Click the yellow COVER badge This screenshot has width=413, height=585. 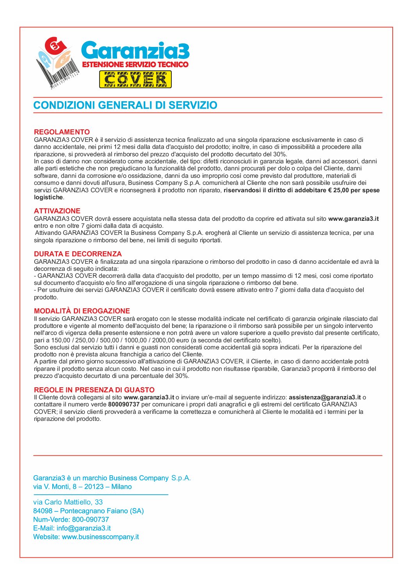point(135,80)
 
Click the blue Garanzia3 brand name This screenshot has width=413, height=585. point(135,51)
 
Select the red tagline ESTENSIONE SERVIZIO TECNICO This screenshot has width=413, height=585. point(135,64)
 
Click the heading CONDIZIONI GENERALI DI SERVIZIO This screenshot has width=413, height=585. point(125,105)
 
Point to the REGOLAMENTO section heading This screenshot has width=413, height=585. point(62,132)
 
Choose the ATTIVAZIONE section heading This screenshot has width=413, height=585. point(57,211)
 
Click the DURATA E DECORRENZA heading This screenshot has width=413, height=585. point(78,254)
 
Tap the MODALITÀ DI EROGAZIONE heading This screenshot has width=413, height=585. point(82,311)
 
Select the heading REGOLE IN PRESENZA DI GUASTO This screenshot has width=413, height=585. point(94,390)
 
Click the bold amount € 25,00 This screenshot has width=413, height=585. point(338,190)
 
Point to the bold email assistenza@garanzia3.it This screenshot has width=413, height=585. point(325,397)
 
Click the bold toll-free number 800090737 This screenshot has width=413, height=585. point(124,404)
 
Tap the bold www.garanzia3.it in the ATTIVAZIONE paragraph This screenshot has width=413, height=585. point(353,219)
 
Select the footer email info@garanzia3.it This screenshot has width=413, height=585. point(84,528)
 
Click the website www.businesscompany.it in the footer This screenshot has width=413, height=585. point(100,537)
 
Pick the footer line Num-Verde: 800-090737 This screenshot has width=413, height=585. point(71,520)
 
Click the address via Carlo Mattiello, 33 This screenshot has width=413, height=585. point(68,502)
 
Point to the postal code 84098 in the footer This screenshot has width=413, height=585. point(43,511)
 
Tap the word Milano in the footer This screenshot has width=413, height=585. point(121,487)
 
